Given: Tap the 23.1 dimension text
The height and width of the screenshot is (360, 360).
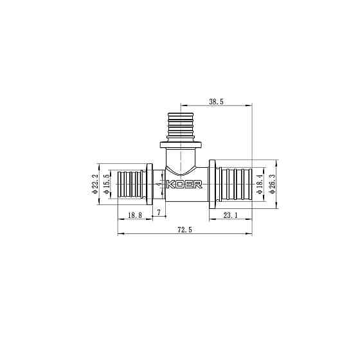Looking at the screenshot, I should pyautogui.click(x=230, y=215).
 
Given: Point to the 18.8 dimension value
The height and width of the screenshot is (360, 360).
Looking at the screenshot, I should pyautogui.click(x=134, y=215).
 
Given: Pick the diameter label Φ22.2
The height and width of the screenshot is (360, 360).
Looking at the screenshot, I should pyautogui.click(x=95, y=184).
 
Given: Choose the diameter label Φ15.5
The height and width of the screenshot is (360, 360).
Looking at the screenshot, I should pyautogui.click(x=106, y=184).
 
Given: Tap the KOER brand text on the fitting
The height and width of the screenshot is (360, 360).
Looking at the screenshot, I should pyautogui.click(x=184, y=184).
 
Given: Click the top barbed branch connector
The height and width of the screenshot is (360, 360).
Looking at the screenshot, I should pyautogui.click(x=181, y=124).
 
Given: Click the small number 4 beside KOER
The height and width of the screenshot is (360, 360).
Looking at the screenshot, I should pyautogui.click(x=160, y=184).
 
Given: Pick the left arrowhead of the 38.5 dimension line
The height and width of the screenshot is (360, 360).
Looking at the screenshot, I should pyautogui.click(x=183, y=105).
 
